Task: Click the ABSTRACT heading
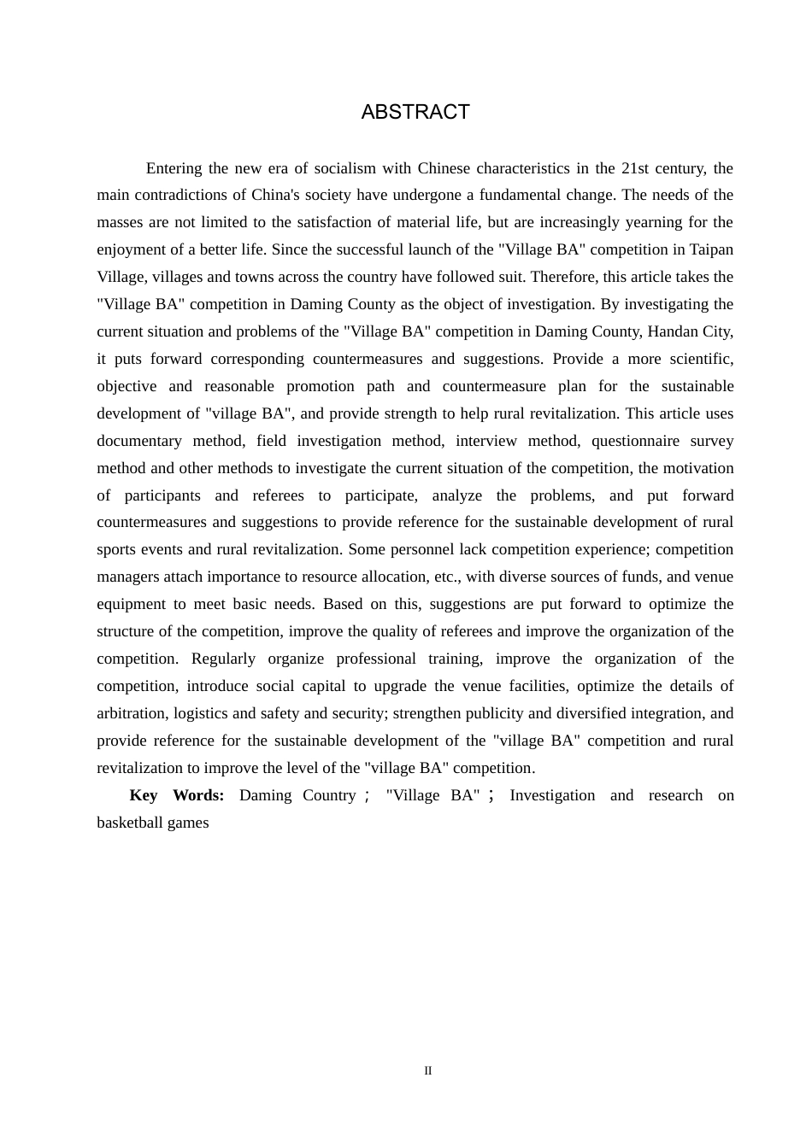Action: point(415,112)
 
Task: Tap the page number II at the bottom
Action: point(428,1070)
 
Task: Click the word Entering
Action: point(174,168)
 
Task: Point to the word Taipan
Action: point(709,249)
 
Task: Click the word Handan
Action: point(671,331)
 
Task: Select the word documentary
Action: point(138,441)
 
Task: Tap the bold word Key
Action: point(144,795)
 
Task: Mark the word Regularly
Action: point(223,659)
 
